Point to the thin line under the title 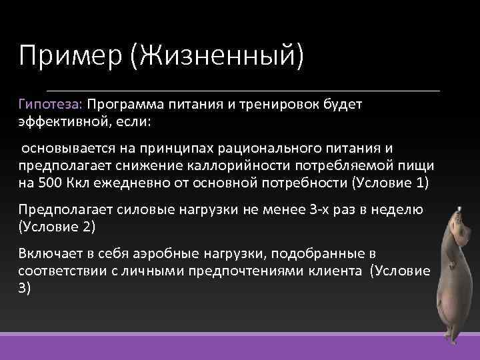243,89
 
